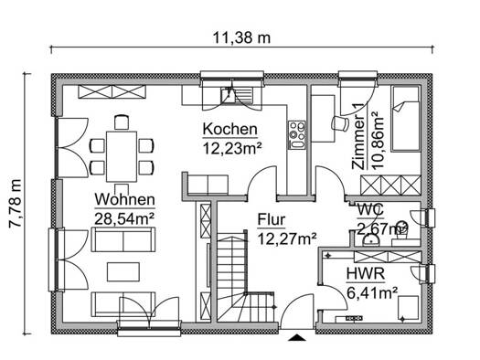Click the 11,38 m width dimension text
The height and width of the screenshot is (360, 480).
[241, 38]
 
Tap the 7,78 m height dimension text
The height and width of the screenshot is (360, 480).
[16, 204]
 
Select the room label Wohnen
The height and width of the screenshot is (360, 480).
[125, 199]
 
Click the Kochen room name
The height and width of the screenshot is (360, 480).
[229, 129]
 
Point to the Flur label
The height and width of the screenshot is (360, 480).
[272, 219]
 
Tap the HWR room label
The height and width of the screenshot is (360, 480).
[366, 274]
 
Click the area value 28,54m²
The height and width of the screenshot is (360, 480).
[124, 218]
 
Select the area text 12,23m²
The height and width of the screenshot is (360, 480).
[232, 149]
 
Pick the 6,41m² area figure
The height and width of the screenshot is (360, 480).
[372, 293]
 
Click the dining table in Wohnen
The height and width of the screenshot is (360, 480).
[122, 156]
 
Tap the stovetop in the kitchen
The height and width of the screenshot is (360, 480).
[297, 135]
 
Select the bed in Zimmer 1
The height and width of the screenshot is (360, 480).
[406, 119]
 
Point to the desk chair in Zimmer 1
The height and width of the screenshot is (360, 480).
[341, 123]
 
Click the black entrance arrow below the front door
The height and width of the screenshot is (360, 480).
[296, 337]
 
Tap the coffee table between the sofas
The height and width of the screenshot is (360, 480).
[123, 272]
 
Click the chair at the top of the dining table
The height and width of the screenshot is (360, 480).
[122, 122]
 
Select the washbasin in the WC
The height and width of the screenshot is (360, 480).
[371, 240]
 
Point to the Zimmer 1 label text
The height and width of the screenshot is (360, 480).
[358, 136]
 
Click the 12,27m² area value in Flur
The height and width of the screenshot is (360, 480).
[287, 238]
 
